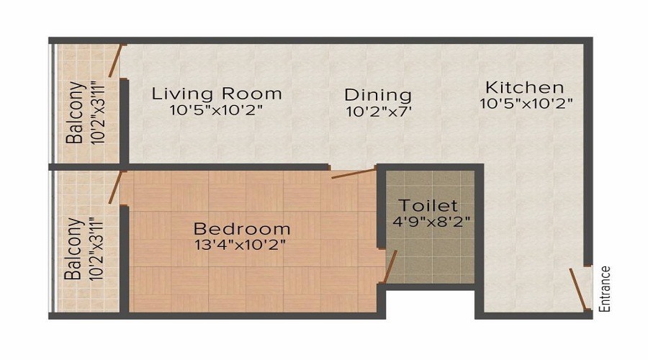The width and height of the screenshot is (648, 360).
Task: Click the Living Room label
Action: point(216,94)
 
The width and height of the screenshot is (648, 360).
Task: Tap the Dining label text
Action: point(378,95)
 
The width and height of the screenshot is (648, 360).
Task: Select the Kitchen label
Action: point(523,87)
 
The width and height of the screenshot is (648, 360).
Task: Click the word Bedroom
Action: point(242,229)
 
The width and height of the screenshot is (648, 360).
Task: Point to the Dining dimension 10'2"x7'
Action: point(378,112)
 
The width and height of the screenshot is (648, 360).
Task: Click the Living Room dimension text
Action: point(216,110)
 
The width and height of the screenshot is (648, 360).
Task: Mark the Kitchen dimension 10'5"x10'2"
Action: point(526,103)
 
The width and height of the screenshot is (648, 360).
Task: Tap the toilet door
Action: point(390,267)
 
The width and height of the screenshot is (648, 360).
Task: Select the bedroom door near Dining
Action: point(353,173)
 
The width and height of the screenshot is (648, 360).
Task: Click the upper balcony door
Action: point(115,60)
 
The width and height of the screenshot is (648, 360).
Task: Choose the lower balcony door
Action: point(114,189)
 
